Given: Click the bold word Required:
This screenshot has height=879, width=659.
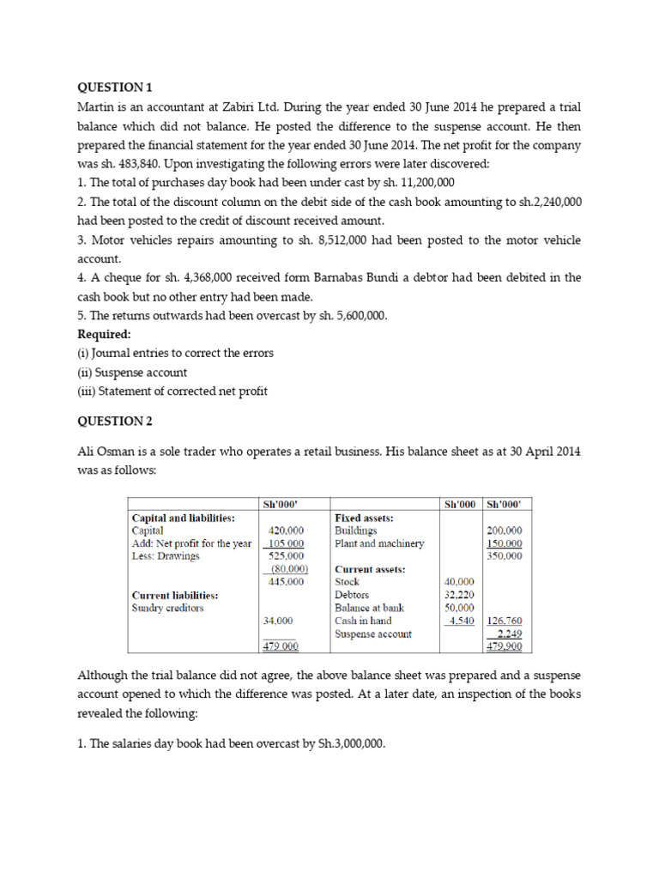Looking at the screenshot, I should (x=105, y=334).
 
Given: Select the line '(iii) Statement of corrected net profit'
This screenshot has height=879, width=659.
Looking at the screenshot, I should (x=172, y=391).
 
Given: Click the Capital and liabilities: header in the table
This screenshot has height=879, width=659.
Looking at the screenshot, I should (x=183, y=518).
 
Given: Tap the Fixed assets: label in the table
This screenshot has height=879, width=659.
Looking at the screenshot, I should (x=364, y=518).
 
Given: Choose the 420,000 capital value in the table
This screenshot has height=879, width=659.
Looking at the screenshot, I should (x=287, y=531).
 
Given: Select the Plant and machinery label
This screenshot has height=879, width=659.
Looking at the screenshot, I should (x=379, y=543).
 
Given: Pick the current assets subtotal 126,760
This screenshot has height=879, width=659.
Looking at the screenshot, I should (x=505, y=621).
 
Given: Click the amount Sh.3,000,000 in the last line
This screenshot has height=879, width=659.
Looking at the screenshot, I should (x=341, y=743).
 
